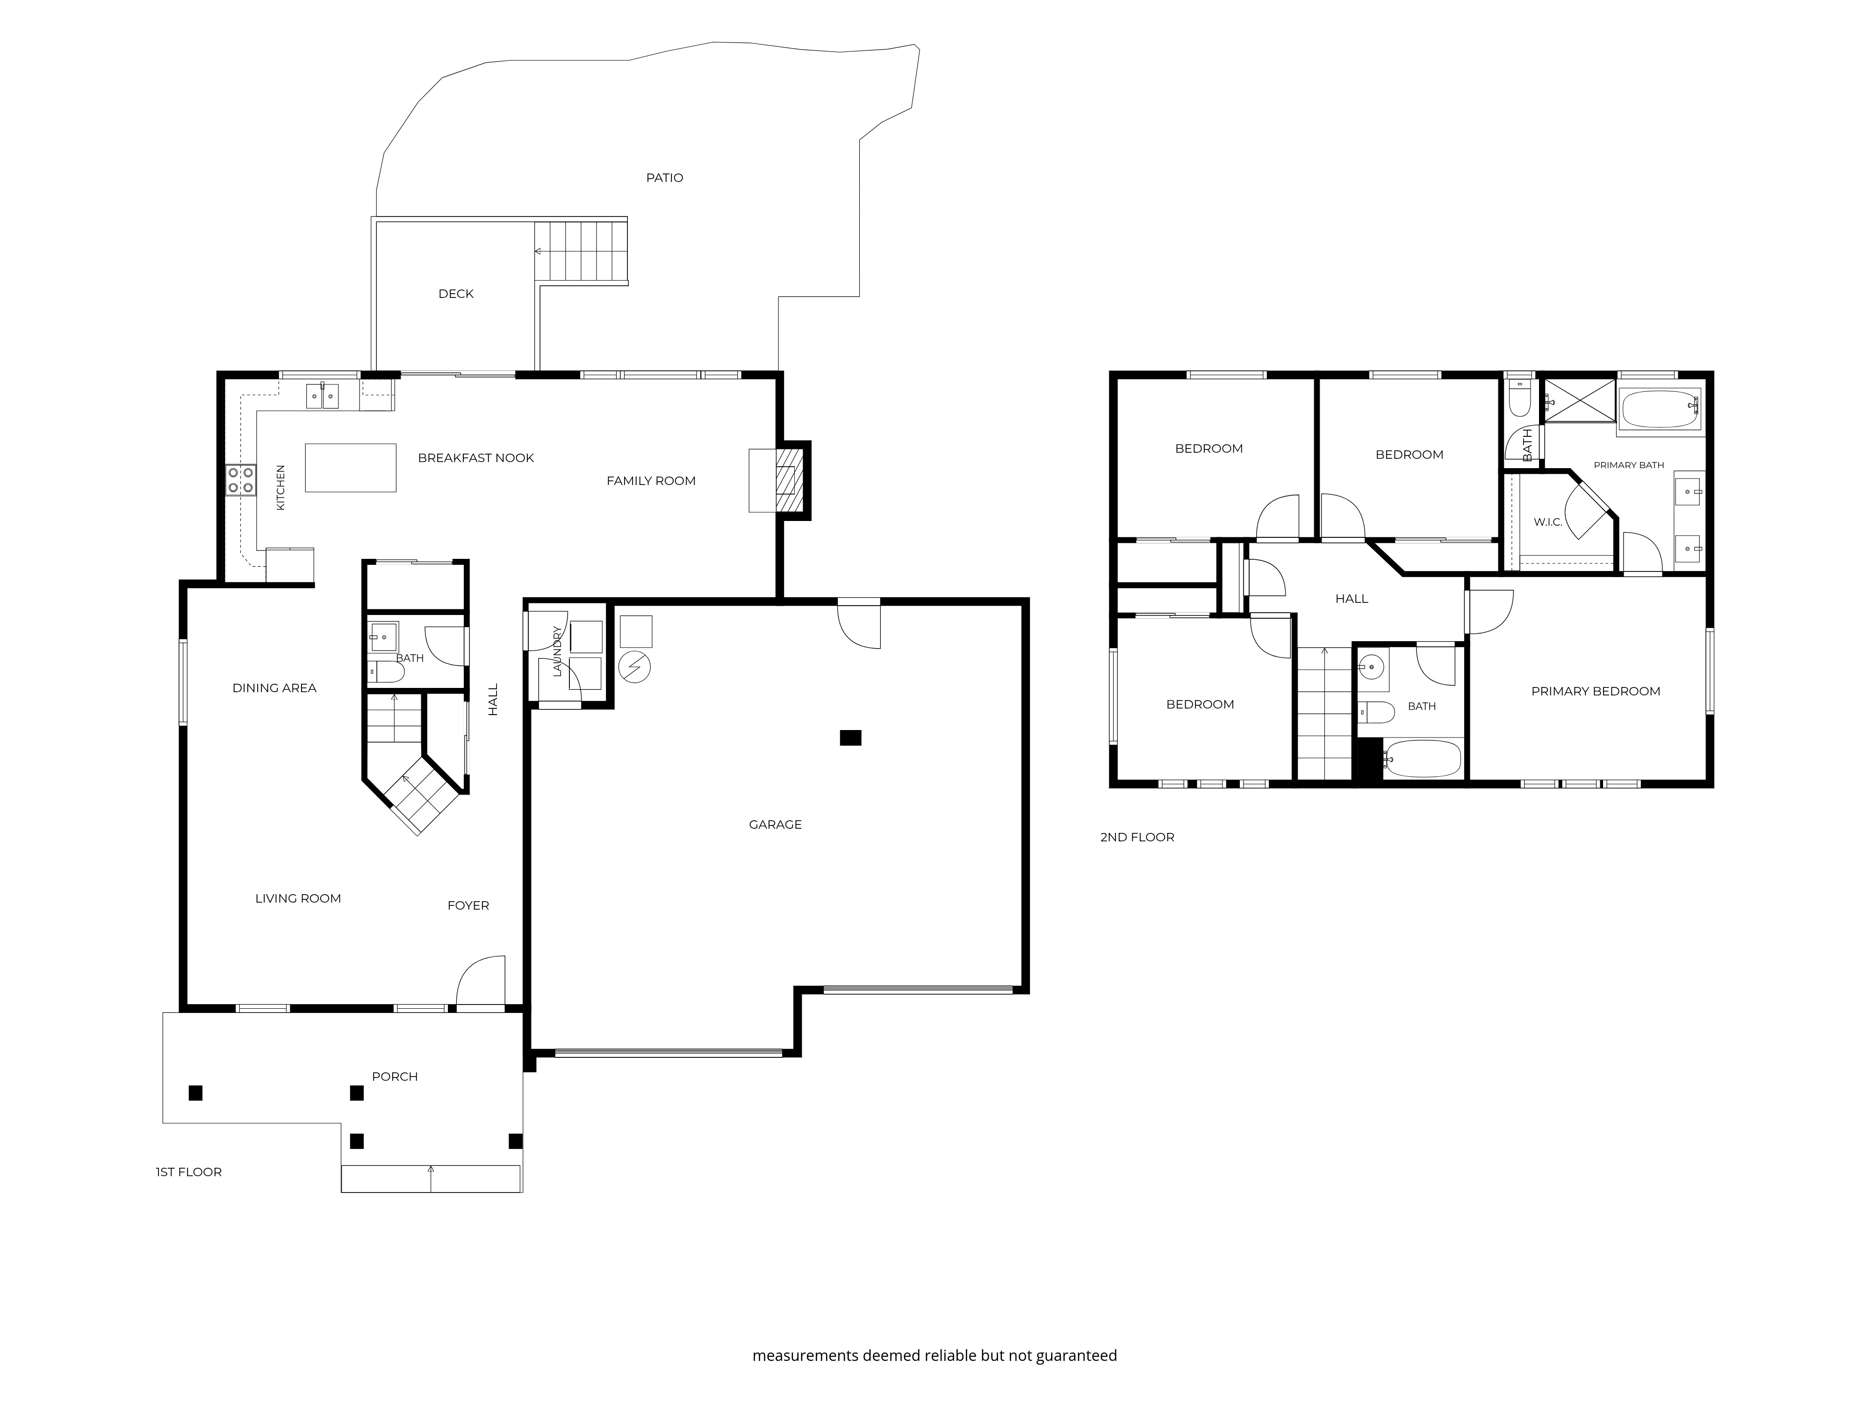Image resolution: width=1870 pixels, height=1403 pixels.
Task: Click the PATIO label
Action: pos(664,178)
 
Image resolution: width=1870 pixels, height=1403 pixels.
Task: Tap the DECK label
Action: pos(456,293)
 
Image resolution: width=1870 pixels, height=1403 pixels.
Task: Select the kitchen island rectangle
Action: pos(351,468)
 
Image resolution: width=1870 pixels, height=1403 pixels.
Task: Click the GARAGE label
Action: pos(775,824)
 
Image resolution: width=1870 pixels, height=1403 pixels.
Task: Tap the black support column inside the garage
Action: pos(850,738)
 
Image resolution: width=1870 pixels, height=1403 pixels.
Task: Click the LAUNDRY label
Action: pos(557,651)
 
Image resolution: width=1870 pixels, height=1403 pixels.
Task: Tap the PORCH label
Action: pos(395,1077)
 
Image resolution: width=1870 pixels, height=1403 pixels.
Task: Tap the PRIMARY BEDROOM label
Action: pos(1596,692)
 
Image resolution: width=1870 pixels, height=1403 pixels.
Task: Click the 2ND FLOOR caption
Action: pos(1137,837)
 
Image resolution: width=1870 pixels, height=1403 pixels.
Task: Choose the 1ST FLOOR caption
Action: pos(188,1172)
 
